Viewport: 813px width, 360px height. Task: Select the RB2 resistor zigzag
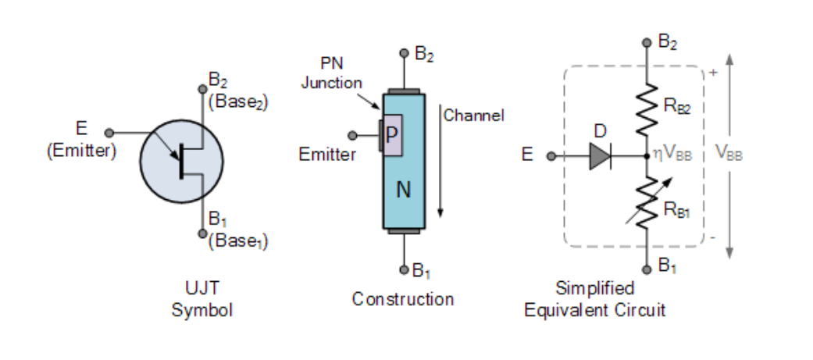coord(647,111)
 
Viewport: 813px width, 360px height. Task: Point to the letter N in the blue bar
coord(404,189)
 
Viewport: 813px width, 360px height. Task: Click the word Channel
coord(473,116)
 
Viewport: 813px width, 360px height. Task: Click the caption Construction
coord(402,299)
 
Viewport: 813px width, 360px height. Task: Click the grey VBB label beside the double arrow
coord(729,154)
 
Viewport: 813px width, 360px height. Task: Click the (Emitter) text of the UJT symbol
coord(80,151)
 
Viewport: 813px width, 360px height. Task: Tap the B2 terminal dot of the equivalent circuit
coord(647,43)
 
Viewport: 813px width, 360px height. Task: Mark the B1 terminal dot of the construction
coord(404,269)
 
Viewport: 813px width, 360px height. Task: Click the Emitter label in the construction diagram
coord(327,155)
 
